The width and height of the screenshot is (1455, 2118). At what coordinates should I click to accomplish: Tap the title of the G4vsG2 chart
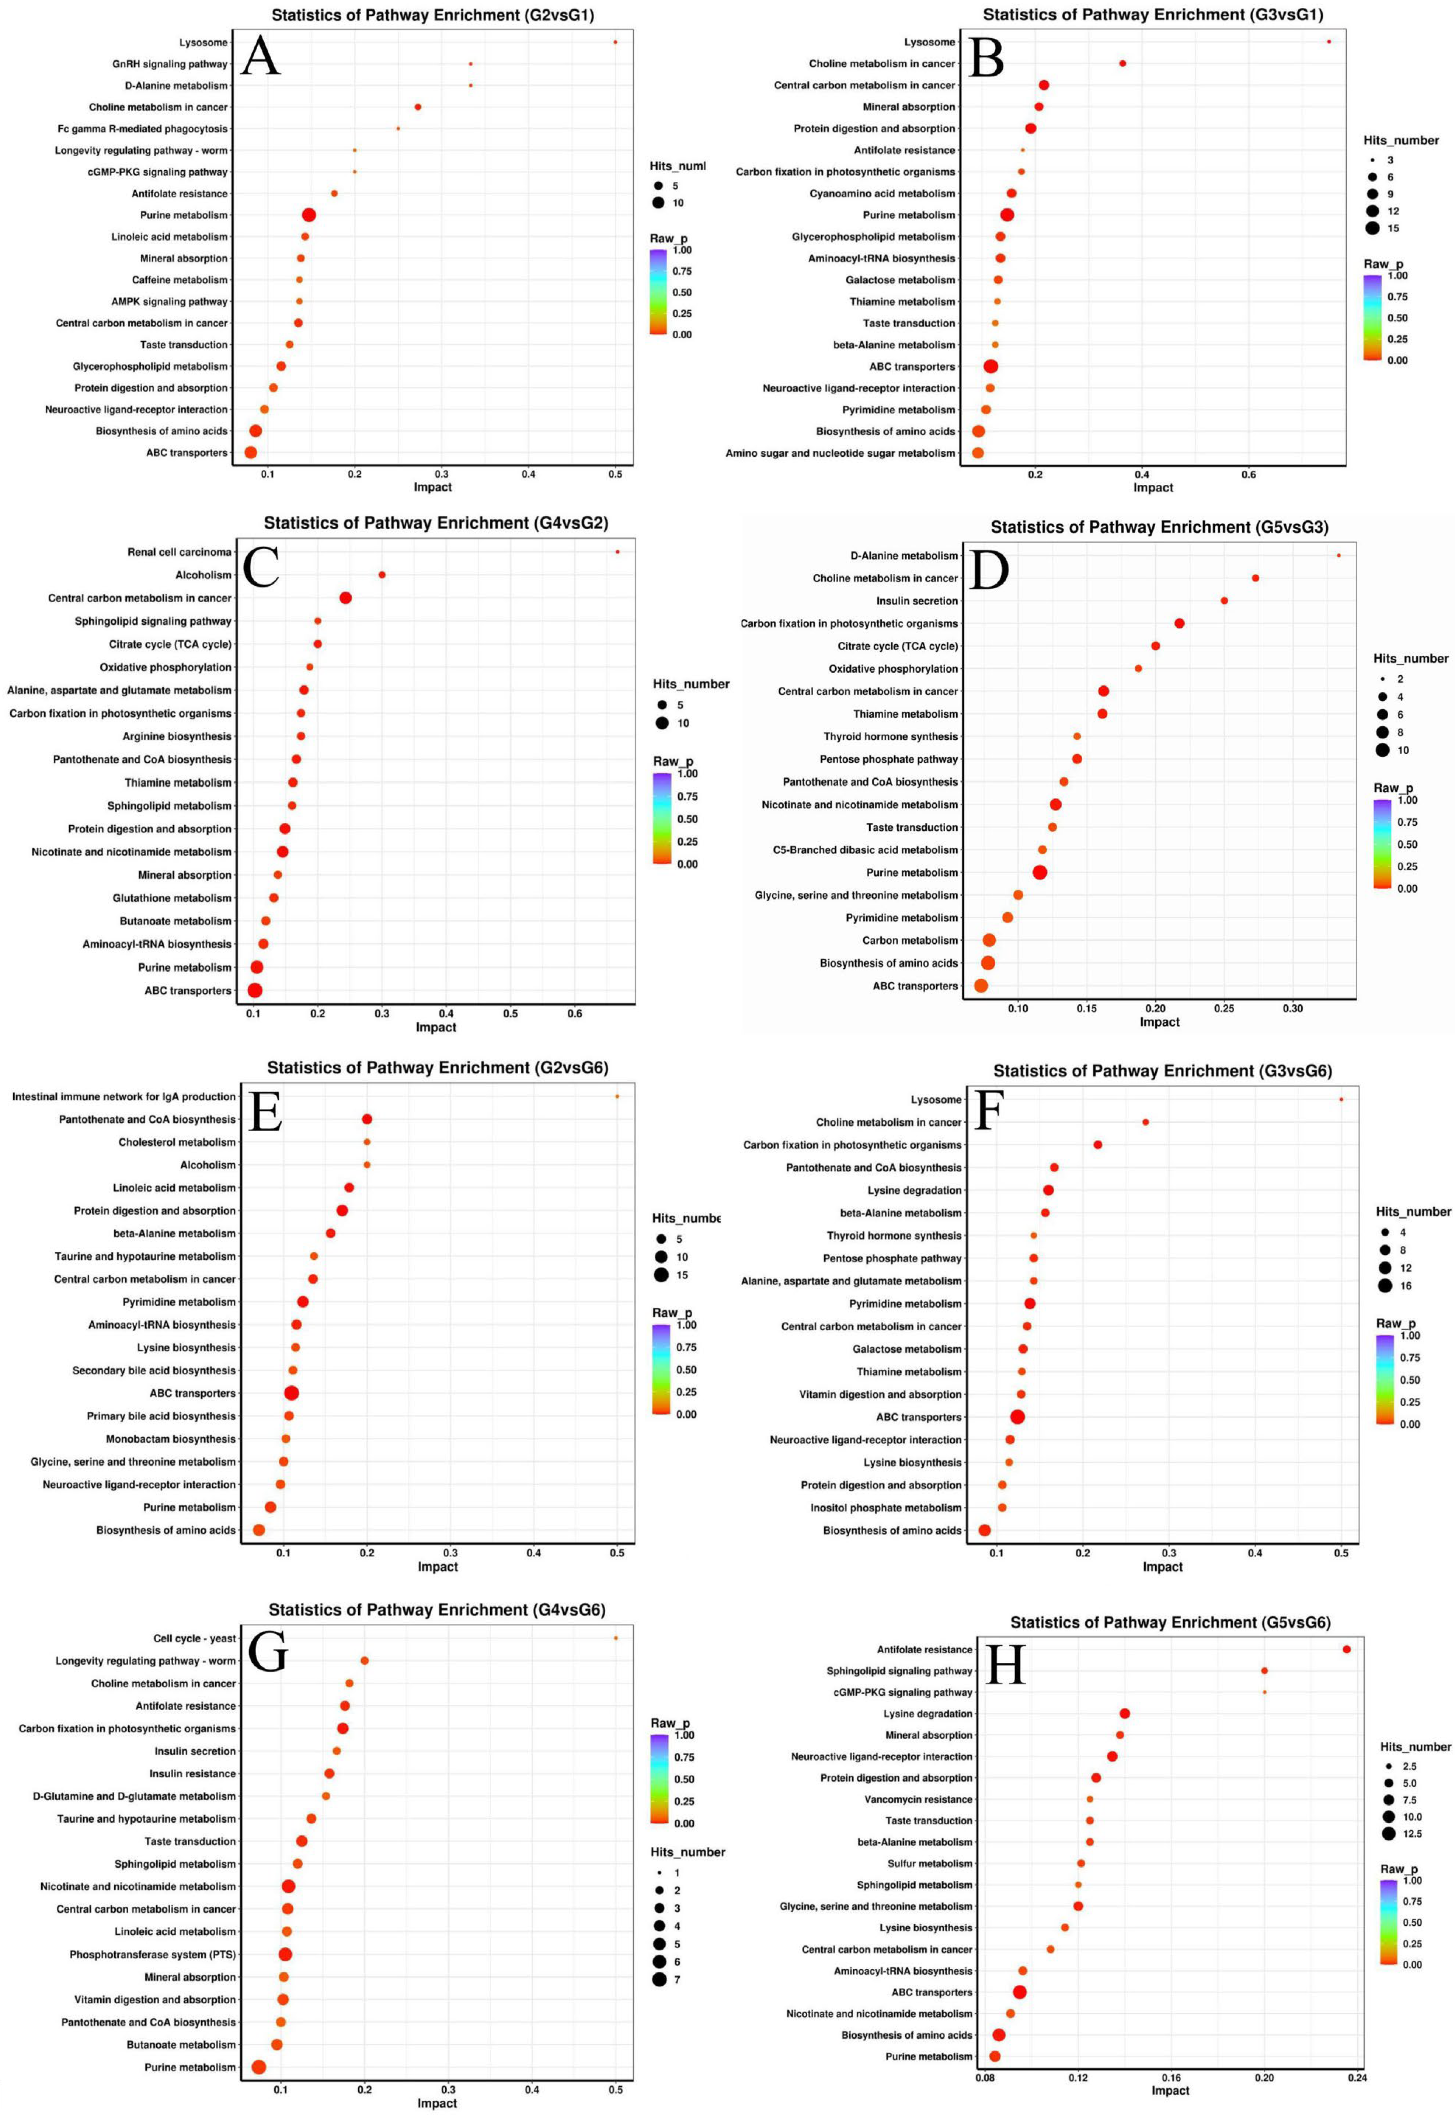coord(436,523)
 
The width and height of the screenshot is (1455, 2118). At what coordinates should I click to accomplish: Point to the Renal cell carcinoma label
coord(180,552)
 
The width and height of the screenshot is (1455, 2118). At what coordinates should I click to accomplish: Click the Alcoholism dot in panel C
coord(382,575)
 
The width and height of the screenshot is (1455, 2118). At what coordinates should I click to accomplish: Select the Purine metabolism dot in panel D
coord(1039,872)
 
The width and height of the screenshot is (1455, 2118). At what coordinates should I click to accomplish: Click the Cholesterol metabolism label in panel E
coord(177,1142)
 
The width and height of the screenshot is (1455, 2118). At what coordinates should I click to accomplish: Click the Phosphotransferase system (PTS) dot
coord(285,1954)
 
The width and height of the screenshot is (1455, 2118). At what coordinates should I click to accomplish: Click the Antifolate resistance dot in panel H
coord(1347,1650)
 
